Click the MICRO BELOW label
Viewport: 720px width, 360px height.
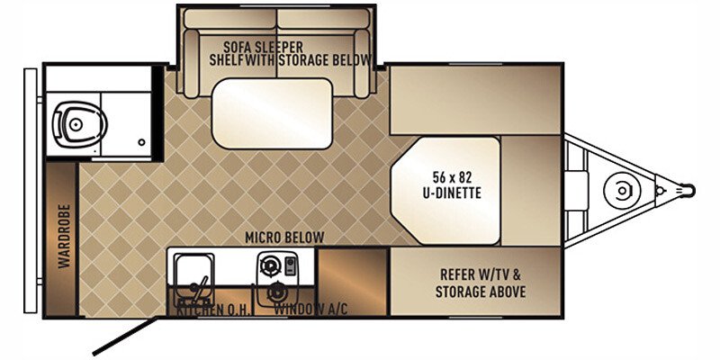[285, 237]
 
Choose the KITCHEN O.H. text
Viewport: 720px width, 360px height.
[206, 309]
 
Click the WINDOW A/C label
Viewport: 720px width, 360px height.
[310, 309]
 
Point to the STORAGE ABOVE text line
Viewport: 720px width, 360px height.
[481, 292]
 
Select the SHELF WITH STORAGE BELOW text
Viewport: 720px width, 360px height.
[290, 60]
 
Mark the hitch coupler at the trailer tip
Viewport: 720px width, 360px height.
[688, 190]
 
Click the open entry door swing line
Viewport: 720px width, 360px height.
[126, 338]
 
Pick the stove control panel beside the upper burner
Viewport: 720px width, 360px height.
[292, 266]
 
